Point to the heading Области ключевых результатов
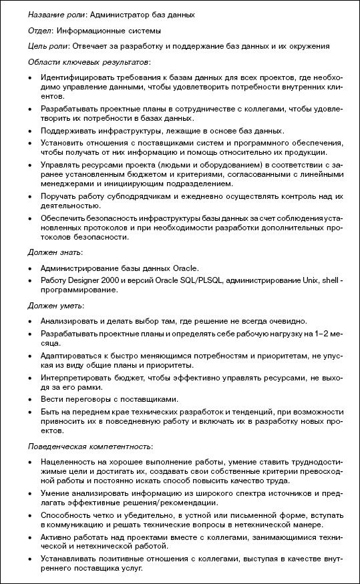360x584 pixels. click(89, 62)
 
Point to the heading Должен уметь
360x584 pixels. click(55, 305)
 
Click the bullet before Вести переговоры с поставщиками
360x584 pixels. click(31, 398)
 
